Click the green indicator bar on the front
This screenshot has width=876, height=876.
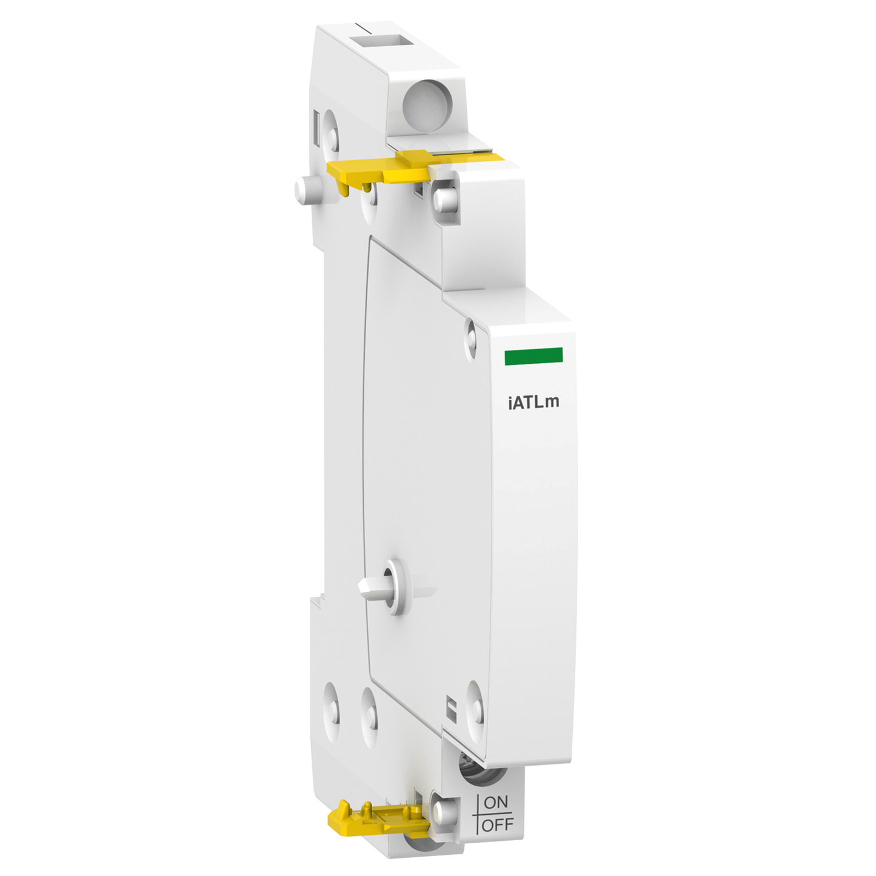tap(533, 356)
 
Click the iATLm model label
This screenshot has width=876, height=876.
tap(533, 402)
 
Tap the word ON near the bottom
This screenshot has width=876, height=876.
tap(496, 802)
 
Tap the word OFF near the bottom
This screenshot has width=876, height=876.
tap(498, 824)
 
